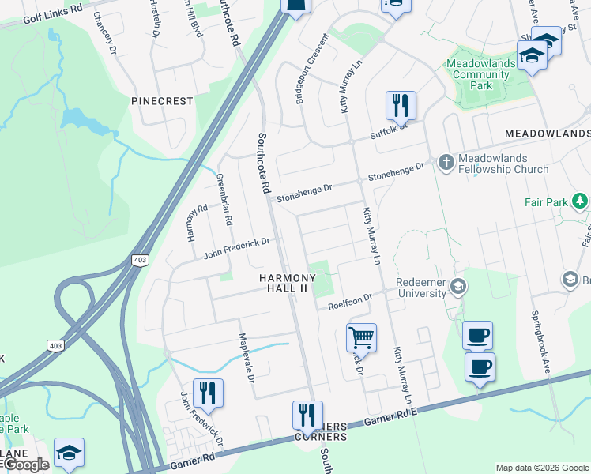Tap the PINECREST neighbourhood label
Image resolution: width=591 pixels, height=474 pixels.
tap(162, 101)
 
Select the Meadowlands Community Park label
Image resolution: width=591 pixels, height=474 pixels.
tap(478, 75)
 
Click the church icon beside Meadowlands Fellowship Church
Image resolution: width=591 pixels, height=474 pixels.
tap(446, 162)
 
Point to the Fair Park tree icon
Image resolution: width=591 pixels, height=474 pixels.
tap(582, 202)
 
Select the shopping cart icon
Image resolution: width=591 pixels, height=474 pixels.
tap(361, 337)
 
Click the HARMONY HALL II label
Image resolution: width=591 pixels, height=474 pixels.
tap(288, 284)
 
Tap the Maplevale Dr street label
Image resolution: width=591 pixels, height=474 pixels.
tap(246, 358)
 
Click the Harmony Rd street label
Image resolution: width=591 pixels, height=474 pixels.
tap(198, 213)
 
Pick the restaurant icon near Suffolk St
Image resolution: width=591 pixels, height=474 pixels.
tap(401, 104)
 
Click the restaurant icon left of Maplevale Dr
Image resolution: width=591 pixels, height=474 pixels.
tap(208, 392)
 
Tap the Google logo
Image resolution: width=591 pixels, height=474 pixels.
tap(26, 465)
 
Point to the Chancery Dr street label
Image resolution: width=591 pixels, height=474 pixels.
tap(104, 32)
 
